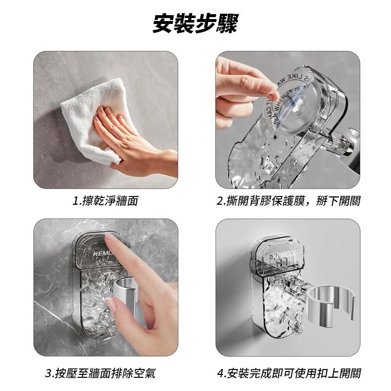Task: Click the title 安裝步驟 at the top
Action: (195, 24)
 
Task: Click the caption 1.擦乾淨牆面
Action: (105, 201)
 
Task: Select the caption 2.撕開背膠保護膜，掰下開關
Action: (288, 201)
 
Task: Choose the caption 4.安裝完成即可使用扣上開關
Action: (288, 374)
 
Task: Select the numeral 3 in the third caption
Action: (49, 374)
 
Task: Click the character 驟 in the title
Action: (228, 24)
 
